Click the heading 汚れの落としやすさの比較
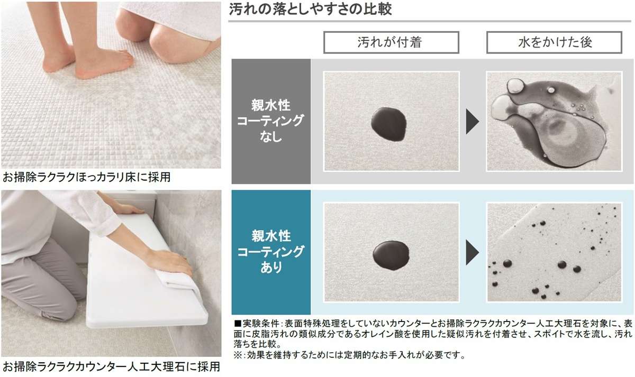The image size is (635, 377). point(311,10)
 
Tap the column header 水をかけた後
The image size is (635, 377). point(555,42)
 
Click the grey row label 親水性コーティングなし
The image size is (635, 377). point(270,121)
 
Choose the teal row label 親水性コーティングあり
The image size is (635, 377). point(270,251)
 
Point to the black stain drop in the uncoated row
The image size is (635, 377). point(389,124)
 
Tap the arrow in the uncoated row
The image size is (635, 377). point(472,123)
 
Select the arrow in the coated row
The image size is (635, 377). point(472,253)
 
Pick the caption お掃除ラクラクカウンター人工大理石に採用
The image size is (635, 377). point(111,366)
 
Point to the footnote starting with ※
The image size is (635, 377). point(349,355)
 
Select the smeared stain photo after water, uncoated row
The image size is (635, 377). point(554,122)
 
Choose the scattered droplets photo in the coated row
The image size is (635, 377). point(554,253)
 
